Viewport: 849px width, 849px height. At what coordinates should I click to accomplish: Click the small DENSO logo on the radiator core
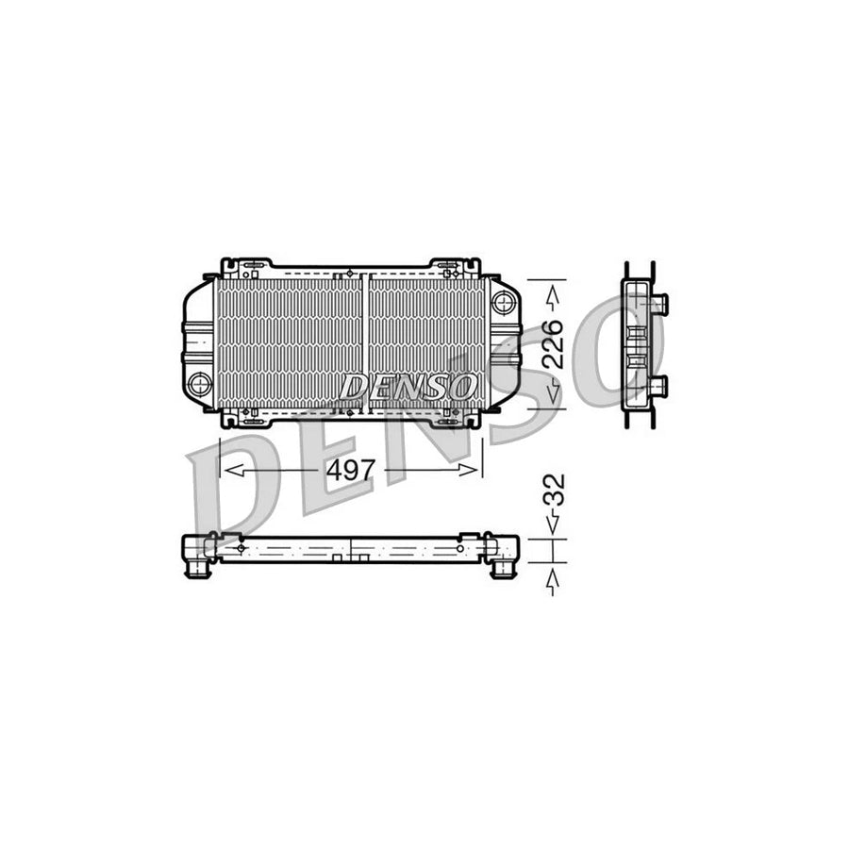(408, 386)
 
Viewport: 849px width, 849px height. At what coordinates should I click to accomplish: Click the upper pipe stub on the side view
(658, 304)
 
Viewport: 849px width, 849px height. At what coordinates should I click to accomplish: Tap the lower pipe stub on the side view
(658, 385)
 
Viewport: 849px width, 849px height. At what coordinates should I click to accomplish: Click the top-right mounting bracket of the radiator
(456, 267)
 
